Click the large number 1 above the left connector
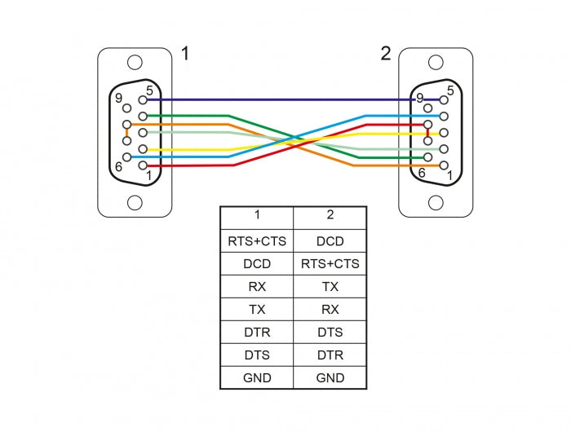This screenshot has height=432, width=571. (x=185, y=55)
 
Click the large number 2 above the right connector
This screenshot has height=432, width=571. (x=385, y=55)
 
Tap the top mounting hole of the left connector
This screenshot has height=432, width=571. (x=135, y=62)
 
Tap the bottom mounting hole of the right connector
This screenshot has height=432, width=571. (x=436, y=202)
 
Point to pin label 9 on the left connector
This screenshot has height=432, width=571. (x=120, y=99)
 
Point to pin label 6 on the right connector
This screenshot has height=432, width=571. (x=421, y=173)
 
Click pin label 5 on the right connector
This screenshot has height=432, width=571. (x=450, y=90)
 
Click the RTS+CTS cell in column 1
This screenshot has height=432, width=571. (x=256, y=241)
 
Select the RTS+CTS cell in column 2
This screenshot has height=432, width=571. (x=330, y=264)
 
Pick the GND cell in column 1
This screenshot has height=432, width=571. (x=256, y=377)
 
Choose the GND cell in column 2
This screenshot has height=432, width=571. (x=330, y=377)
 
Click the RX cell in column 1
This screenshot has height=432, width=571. (x=256, y=287)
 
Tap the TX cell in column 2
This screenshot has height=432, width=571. (x=330, y=287)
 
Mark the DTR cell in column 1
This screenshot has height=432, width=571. (x=256, y=333)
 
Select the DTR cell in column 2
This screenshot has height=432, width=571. (x=330, y=355)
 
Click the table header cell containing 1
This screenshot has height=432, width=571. (x=256, y=216)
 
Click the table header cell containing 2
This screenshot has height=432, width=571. (x=330, y=216)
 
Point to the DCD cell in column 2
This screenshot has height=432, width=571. (x=330, y=241)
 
